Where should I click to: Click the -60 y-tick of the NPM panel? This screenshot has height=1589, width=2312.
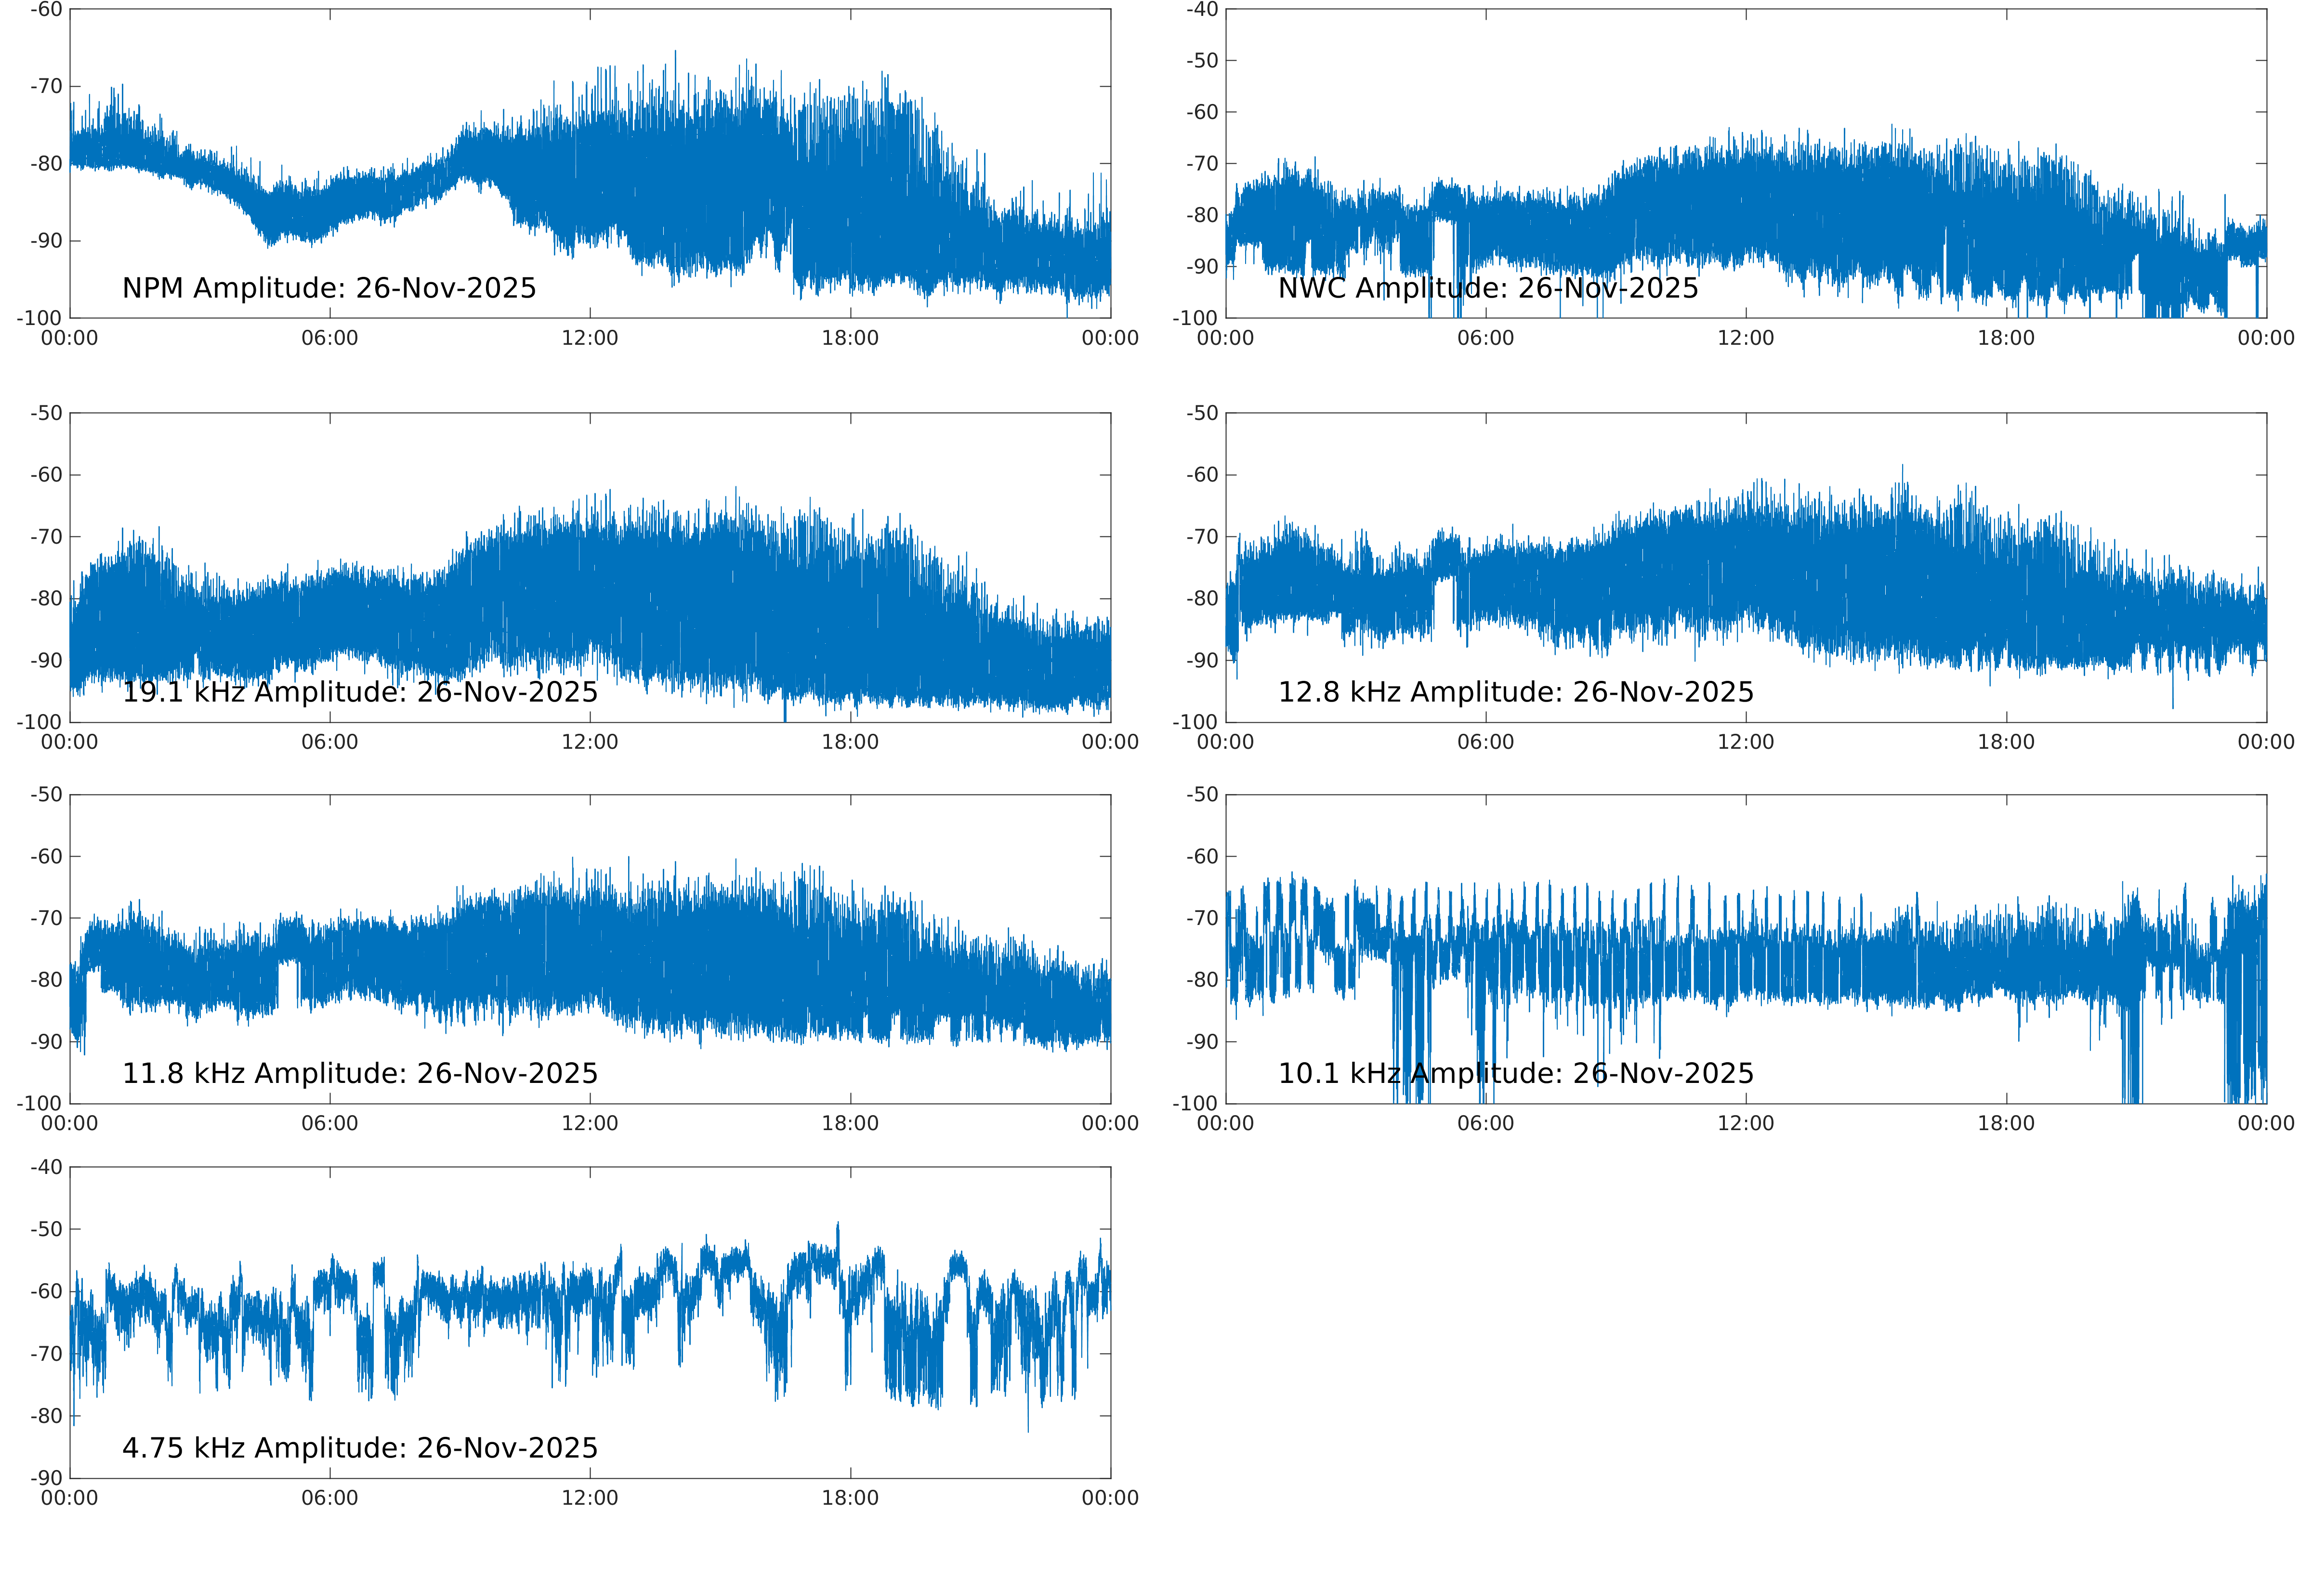point(46,10)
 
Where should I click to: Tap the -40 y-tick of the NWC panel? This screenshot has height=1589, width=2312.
point(1202,10)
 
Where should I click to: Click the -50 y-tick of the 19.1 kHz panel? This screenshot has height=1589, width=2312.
point(46,413)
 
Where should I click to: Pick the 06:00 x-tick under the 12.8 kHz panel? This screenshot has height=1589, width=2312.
point(1485,742)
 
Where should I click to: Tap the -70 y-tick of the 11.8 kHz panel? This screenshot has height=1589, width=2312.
point(46,918)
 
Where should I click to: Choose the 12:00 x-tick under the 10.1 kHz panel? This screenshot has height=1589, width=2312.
point(1746,1124)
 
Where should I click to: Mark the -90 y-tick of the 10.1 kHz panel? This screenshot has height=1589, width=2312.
point(1202,1042)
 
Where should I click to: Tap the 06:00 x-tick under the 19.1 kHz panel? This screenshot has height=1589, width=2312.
point(329,742)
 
